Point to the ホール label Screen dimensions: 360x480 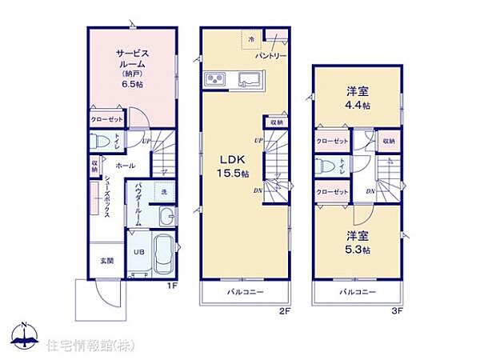(125, 166)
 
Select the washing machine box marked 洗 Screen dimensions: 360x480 (163, 192)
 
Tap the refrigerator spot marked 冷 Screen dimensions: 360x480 (250, 39)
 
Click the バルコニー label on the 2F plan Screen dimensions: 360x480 (243, 292)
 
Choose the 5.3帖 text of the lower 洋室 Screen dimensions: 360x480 (357, 250)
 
